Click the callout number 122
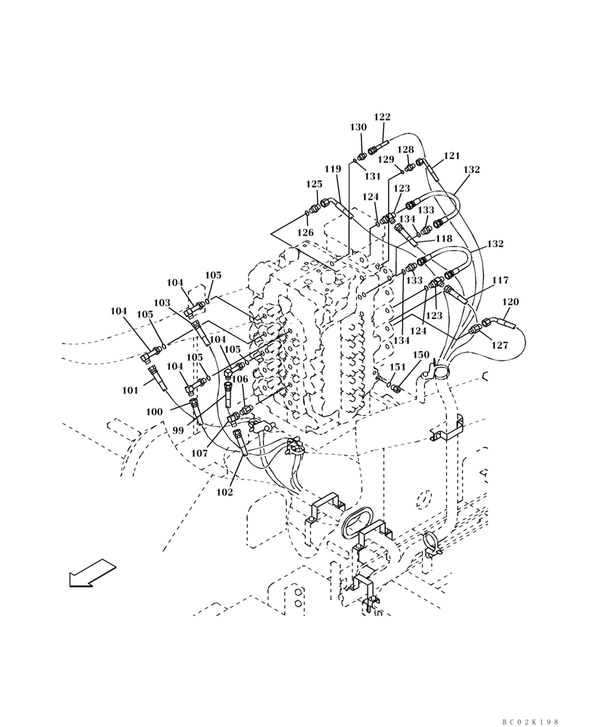point(382,117)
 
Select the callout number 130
point(358,127)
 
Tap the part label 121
point(452,156)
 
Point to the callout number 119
point(333,169)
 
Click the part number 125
point(314,185)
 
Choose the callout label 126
point(305,233)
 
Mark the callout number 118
point(443,238)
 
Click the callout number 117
point(500,280)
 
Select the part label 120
point(511,302)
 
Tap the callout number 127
point(499,346)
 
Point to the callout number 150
point(421,354)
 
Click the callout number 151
point(398,367)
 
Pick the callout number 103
point(161,302)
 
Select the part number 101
point(130,390)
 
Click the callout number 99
point(178,430)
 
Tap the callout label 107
point(200,454)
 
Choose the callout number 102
point(225,492)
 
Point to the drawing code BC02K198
point(530,722)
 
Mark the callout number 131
point(373,176)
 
